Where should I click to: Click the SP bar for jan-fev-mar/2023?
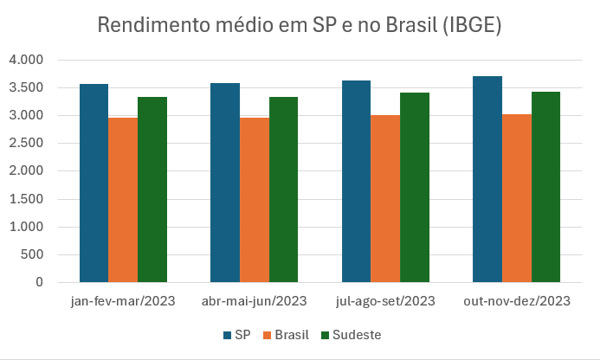(x=94, y=183)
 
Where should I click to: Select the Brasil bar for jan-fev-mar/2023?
(x=123, y=199)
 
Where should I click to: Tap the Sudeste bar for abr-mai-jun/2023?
(x=283, y=190)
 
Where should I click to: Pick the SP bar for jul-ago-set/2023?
(x=356, y=181)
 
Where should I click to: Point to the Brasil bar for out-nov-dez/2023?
(x=517, y=198)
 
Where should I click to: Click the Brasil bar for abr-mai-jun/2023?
(x=254, y=199)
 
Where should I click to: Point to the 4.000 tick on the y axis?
(x=25, y=60)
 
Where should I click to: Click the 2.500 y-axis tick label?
(x=25, y=143)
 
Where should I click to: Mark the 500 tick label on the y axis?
(x=32, y=254)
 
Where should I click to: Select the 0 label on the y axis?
(x=39, y=282)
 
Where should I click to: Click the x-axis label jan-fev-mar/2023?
(x=123, y=301)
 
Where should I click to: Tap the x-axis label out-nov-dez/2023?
(x=517, y=301)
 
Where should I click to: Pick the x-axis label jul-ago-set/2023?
(x=385, y=301)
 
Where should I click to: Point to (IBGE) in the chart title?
(x=472, y=25)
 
